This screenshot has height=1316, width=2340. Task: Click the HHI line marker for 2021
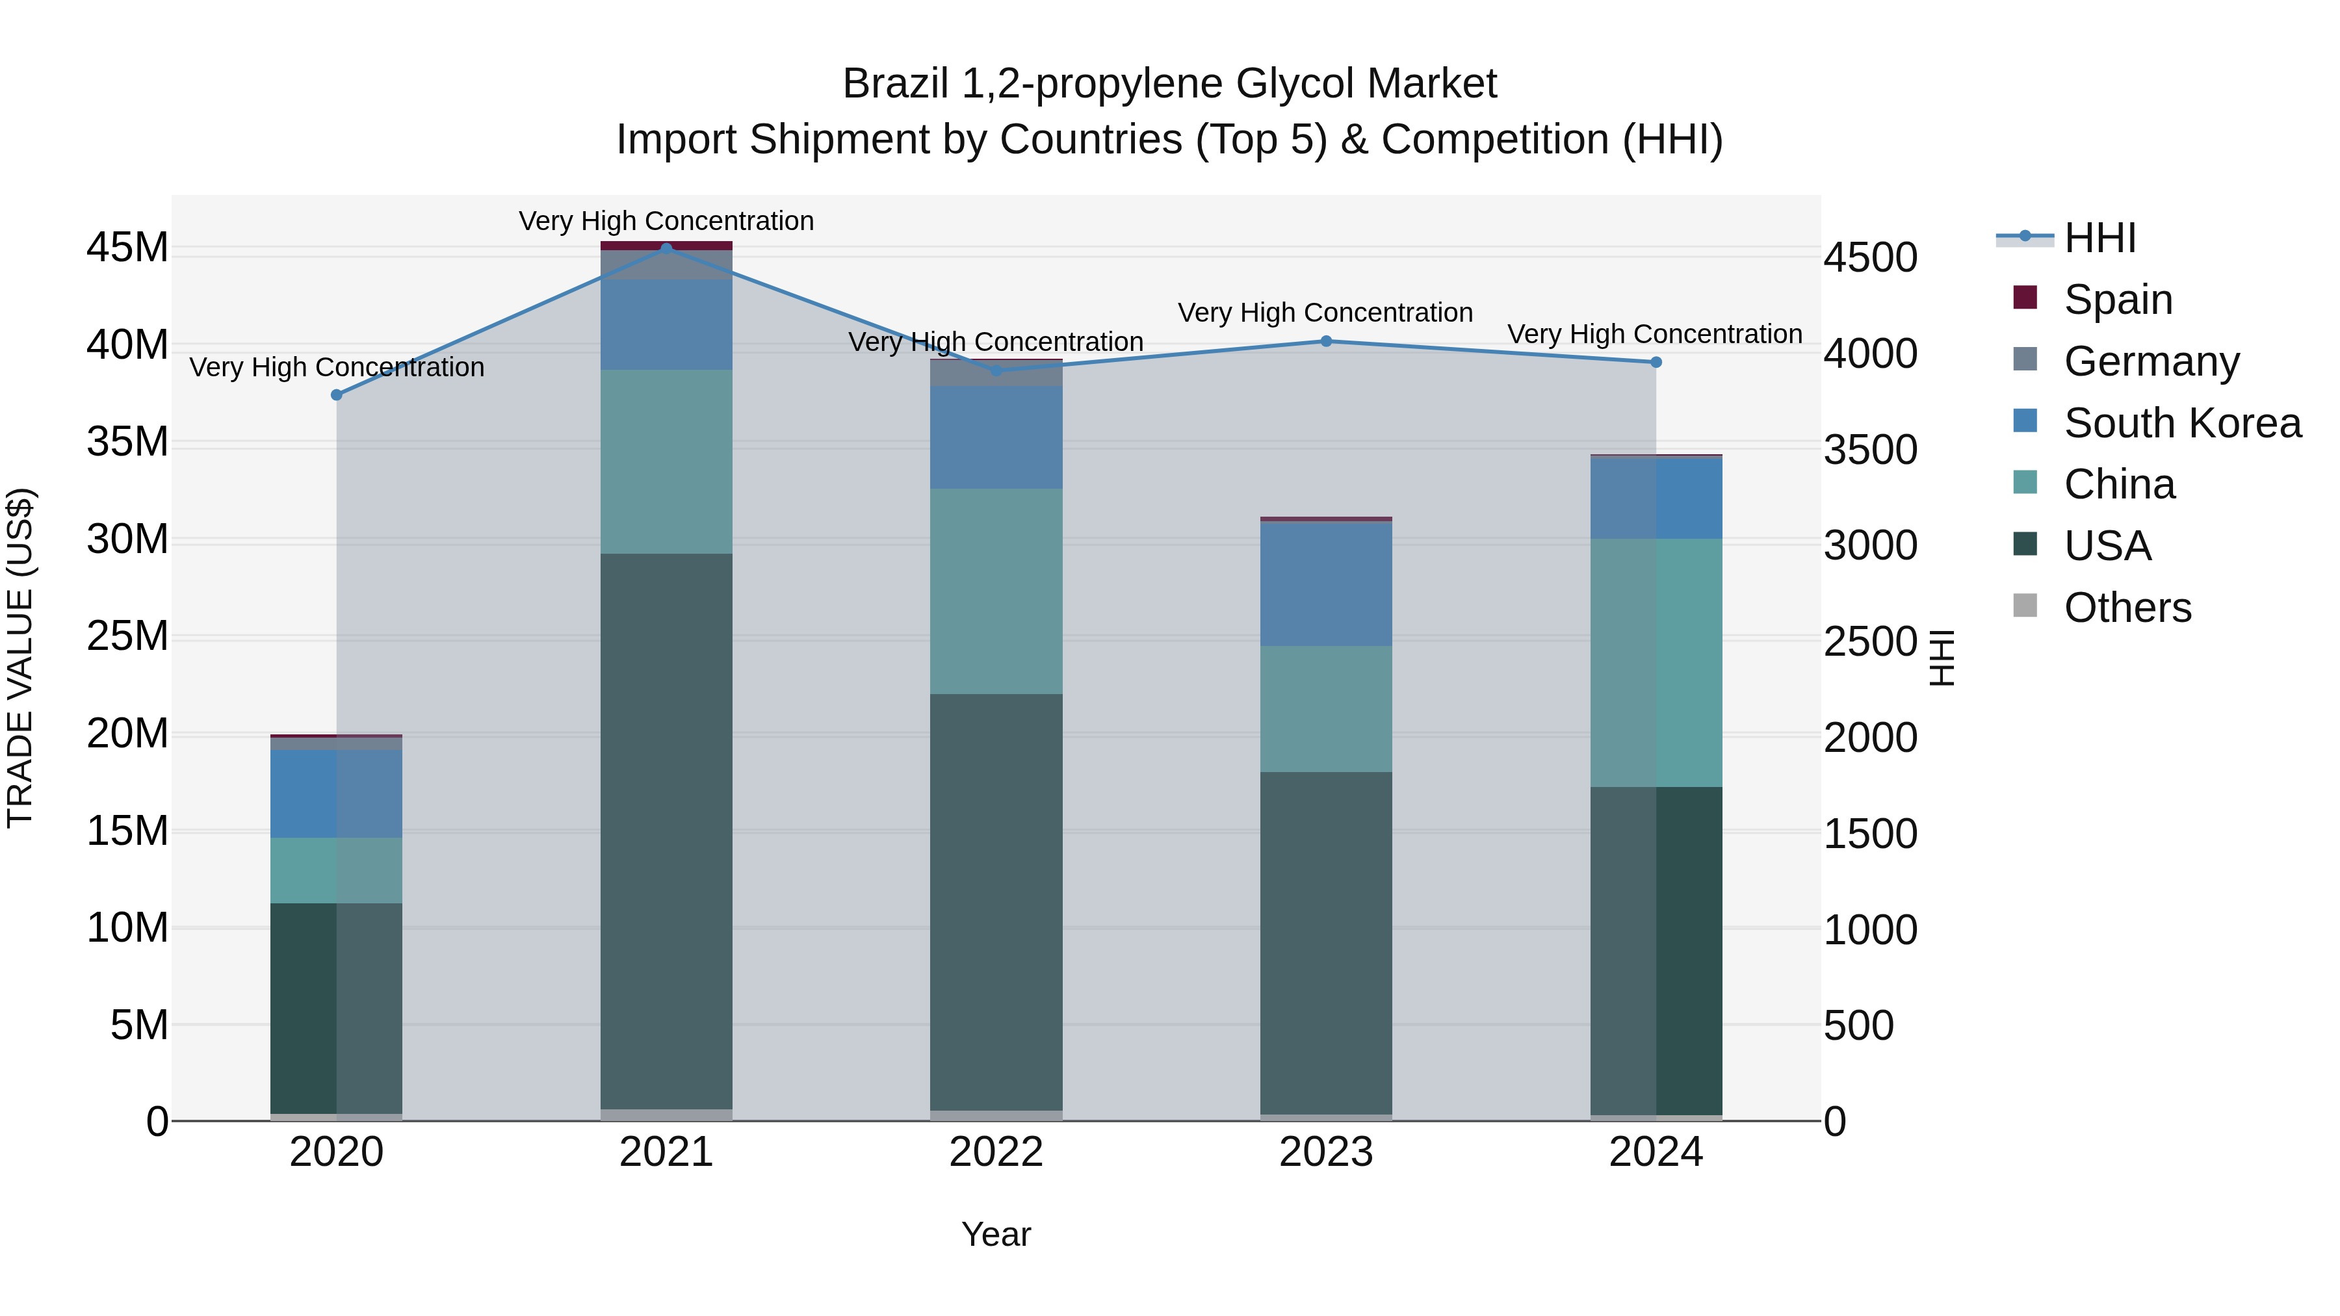(x=666, y=248)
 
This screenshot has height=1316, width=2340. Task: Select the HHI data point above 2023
(x=1325, y=341)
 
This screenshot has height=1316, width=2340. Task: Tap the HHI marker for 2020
(x=336, y=395)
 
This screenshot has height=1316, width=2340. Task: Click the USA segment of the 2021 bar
(x=666, y=831)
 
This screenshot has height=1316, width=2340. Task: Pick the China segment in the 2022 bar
(x=996, y=591)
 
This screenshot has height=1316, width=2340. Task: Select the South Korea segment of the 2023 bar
(x=1325, y=585)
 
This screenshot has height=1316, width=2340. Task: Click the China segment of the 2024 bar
(x=1655, y=663)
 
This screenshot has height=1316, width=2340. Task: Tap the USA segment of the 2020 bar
(x=336, y=1008)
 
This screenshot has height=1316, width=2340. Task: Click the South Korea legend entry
(x=2181, y=422)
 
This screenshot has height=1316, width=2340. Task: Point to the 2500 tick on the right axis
(x=1869, y=641)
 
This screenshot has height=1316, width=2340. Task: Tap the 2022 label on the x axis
(x=996, y=1152)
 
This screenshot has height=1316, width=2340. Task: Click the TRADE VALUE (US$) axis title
(x=20, y=658)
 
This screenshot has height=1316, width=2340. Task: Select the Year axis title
(x=996, y=1234)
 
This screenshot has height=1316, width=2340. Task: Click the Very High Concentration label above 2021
(x=666, y=221)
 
